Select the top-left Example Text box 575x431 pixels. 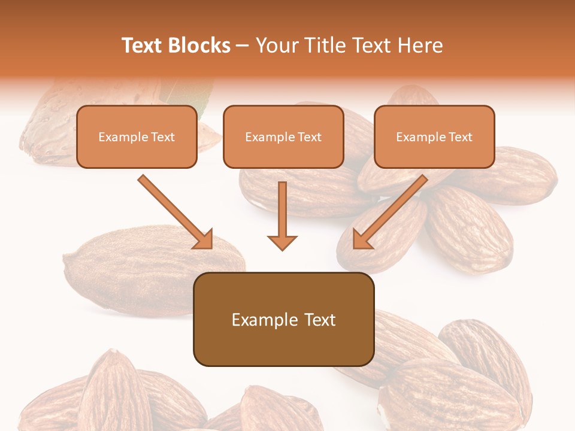[137, 137]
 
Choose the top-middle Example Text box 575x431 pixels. [283, 137]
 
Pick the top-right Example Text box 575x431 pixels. [434, 137]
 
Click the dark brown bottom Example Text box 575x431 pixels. [283, 320]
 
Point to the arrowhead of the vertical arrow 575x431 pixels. [282, 242]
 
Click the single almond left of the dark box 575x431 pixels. [138, 269]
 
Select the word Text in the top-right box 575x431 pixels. [460, 137]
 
